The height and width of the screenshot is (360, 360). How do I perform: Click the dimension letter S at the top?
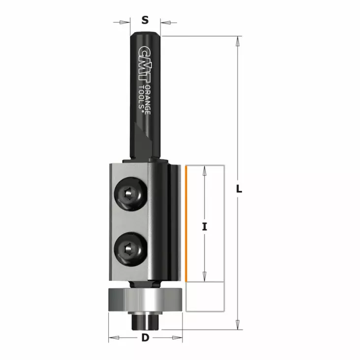point(145,20)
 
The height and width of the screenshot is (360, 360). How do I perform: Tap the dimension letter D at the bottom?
point(145,338)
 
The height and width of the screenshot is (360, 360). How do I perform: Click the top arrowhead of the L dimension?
point(239,41)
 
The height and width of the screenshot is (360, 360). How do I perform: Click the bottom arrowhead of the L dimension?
point(239,325)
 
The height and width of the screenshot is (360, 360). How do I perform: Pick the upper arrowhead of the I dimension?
point(205,170)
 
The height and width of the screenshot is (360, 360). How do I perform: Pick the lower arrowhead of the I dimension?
point(205,277)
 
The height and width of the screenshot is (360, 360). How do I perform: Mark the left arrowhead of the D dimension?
point(113,338)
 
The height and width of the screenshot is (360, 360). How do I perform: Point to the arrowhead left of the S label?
point(126,22)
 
